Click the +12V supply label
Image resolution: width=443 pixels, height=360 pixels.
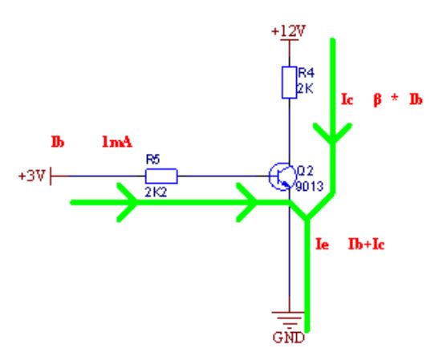(x=288, y=31)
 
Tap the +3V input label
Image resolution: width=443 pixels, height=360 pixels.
(x=31, y=176)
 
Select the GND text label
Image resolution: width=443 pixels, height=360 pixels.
(x=289, y=338)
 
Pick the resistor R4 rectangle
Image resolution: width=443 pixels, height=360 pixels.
(x=289, y=83)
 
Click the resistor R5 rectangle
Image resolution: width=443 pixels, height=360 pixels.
(x=161, y=176)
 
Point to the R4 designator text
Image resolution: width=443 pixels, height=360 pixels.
(x=307, y=73)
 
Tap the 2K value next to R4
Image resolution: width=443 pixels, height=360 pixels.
(x=305, y=89)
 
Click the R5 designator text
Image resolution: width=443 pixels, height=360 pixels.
(x=152, y=160)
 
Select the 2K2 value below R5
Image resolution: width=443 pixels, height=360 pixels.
(x=156, y=192)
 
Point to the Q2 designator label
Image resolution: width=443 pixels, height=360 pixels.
(x=305, y=171)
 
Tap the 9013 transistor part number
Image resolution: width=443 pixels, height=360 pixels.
(x=309, y=186)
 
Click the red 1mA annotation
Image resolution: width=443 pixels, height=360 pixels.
(x=117, y=142)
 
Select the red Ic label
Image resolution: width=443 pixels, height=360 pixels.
(x=347, y=99)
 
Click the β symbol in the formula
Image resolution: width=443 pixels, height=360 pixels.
(x=377, y=100)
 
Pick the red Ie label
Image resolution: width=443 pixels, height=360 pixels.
(x=322, y=244)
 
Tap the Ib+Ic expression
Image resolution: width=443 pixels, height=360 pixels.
(x=366, y=244)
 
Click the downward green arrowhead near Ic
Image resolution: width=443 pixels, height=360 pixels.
(x=333, y=133)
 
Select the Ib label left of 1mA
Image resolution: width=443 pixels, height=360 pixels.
(x=58, y=142)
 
